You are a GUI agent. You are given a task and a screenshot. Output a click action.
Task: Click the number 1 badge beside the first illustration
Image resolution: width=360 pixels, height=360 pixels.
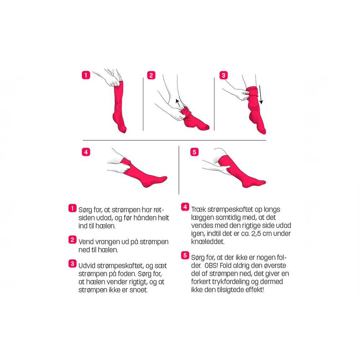tap(86, 75)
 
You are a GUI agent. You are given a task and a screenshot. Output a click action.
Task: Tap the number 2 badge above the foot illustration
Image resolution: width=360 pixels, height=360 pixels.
tap(151, 75)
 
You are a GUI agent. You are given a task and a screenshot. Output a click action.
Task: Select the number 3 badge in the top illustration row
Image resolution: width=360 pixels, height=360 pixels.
tap(224, 75)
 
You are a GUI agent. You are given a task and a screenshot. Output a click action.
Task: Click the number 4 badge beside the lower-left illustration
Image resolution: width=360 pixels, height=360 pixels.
tap(86, 152)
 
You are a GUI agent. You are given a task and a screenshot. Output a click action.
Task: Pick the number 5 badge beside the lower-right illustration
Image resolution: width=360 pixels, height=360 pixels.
tap(194, 152)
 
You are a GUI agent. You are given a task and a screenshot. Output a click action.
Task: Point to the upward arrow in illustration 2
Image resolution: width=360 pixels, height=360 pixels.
tap(178, 103)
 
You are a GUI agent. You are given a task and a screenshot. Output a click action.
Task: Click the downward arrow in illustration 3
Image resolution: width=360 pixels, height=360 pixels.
tap(261, 95)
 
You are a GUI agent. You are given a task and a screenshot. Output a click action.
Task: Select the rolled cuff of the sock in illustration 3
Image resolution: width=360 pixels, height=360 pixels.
tap(252, 91)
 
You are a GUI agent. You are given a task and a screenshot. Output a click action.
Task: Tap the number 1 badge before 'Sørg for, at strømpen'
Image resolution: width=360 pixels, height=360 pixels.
tap(72, 208)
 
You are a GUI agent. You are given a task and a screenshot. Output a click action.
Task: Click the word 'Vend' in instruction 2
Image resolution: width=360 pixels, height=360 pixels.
tap(86, 242)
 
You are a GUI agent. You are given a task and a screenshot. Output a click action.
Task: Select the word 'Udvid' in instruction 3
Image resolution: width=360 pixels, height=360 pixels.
tap(87, 266)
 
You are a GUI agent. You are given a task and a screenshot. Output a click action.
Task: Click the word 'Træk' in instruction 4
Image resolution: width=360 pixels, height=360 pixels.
tap(198, 210)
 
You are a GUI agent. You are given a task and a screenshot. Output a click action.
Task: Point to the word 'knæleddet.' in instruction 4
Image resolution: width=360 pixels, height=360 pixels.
tap(208, 242)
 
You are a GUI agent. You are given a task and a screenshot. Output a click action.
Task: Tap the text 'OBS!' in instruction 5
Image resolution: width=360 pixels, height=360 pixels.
tap(211, 266)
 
